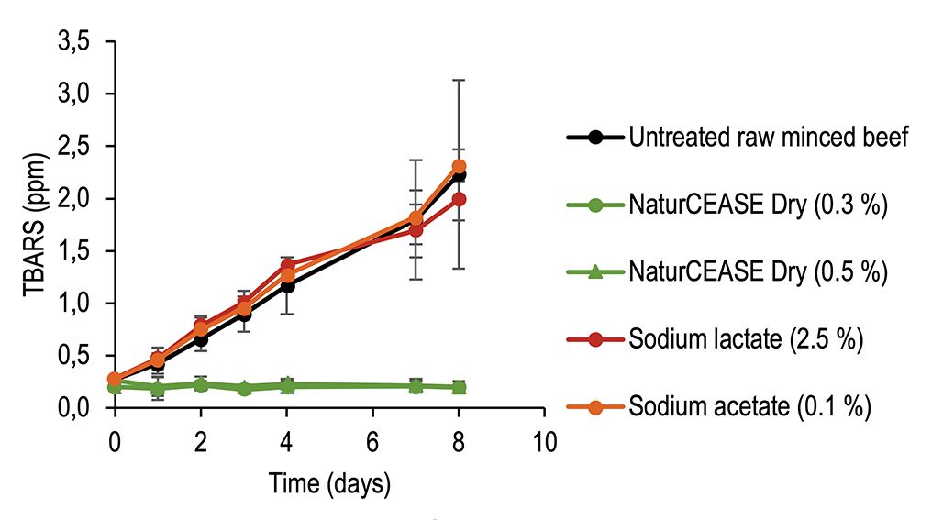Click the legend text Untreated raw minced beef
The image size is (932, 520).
pos(769,138)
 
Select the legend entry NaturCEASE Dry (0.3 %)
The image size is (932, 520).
pos(757,205)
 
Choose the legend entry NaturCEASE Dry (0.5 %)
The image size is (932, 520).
pos(757,272)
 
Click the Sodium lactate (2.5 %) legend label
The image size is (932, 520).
pos(746,339)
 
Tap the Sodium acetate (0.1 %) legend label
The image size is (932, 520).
pos(749,406)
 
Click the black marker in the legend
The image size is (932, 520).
pos(595,138)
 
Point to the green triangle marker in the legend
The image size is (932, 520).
pos(595,272)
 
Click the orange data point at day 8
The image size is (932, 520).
pos(460,166)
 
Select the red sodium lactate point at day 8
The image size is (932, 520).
pos(460,199)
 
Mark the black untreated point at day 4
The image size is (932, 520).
pos(287,285)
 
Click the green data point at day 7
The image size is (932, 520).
pos(416,386)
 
